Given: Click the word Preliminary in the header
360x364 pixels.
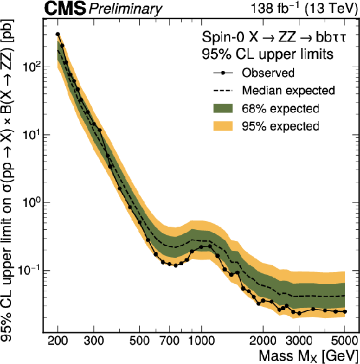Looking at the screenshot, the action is pos(125,9).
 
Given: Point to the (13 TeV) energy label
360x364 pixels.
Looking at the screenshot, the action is pos(331,9).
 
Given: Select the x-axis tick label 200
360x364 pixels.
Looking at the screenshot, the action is pos(58,340).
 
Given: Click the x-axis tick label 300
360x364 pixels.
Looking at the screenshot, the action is pos(94,340).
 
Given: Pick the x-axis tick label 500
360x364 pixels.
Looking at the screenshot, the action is pos(139,340).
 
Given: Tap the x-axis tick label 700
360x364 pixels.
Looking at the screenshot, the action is pos(169,340).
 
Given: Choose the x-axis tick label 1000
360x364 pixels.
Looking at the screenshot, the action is pos(201,340).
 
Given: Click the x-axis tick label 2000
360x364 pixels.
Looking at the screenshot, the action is pos(263,340).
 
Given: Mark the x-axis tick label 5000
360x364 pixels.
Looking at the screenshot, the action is pos(344,340).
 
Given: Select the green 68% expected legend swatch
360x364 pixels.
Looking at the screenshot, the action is pos(223,109).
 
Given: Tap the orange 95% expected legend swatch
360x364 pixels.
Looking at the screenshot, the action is pos(223,126).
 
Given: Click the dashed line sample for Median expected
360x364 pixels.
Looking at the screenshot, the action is pos(223,91).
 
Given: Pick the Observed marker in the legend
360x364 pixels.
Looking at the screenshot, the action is pos(223,73).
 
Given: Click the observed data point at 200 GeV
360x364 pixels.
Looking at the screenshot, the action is pos(58,34).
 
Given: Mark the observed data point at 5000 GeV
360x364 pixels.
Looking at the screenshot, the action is pos(345,312).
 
